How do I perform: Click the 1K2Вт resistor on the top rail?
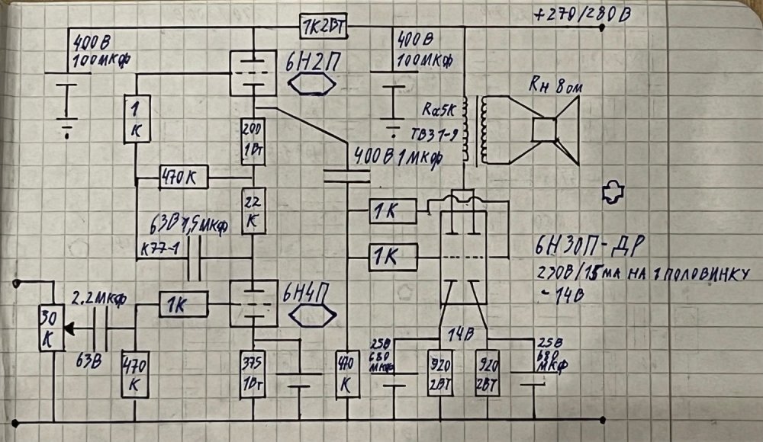coord(324,27)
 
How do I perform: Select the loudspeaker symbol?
coord(555,130)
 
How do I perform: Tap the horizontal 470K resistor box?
coord(183,178)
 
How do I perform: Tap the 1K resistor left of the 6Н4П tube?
coord(183,305)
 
